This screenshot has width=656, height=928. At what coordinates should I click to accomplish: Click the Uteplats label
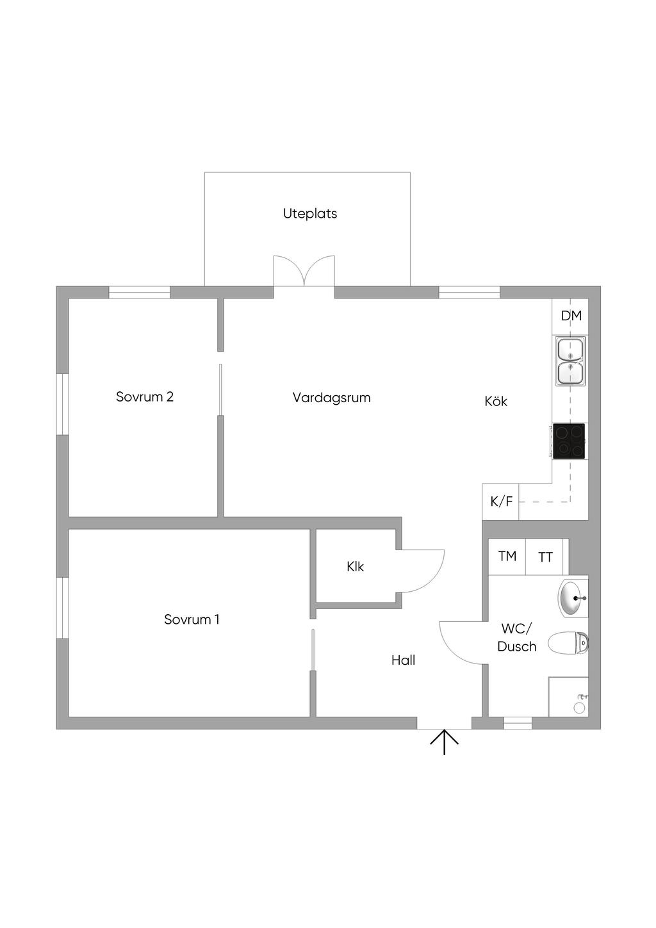(310, 213)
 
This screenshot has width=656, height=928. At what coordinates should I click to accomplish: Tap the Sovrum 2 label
(145, 396)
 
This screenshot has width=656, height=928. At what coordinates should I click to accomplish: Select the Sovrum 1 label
(192, 619)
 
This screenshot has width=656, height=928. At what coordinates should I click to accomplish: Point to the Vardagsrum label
(331, 398)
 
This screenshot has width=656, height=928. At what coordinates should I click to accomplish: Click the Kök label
(496, 402)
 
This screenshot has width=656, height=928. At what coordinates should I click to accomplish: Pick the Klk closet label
(355, 566)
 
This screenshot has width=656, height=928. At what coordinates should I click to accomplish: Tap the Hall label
(404, 660)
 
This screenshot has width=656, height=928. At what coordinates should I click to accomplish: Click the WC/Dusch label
(516, 637)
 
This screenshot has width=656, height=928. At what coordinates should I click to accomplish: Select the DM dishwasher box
(571, 315)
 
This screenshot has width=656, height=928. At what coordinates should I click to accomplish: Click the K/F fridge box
(501, 501)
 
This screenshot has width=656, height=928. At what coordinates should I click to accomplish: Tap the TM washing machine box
(507, 557)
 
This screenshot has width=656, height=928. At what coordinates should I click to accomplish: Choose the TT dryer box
(545, 557)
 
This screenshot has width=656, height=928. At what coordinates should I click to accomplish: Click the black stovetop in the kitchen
(569, 441)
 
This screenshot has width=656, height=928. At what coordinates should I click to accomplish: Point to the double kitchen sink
(570, 361)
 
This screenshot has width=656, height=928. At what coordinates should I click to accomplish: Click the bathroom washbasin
(573, 598)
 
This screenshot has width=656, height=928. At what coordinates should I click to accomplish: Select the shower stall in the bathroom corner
(568, 697)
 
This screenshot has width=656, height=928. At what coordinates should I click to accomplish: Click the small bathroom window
(518, 723)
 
